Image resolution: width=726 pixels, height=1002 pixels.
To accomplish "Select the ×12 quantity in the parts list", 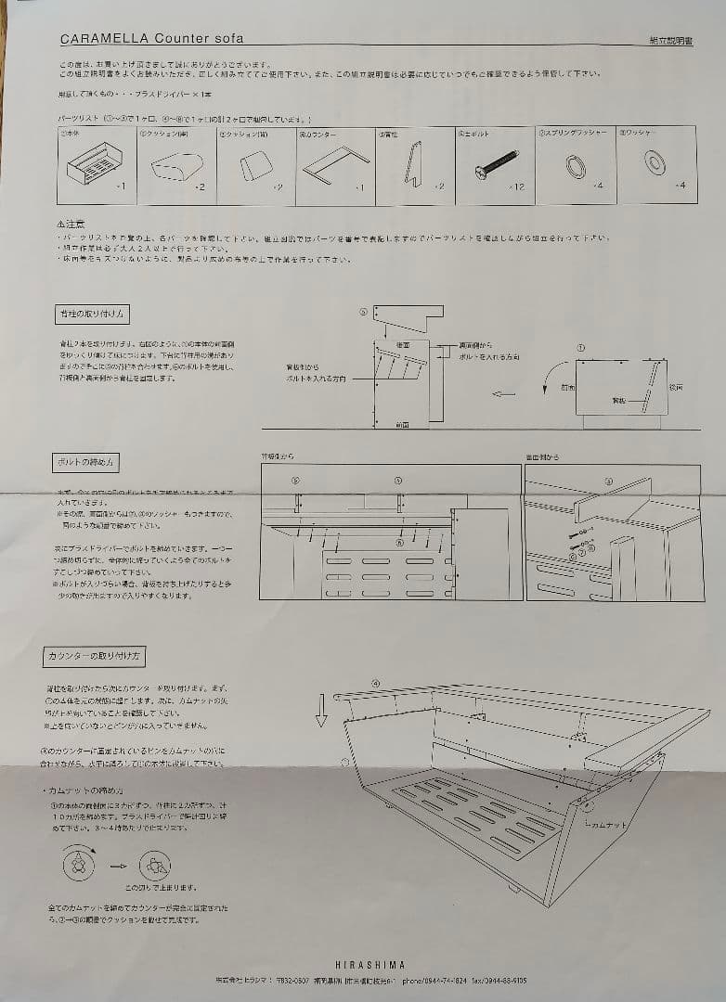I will click(517, 186).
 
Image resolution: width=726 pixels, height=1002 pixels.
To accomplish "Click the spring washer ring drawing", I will click(575, 166).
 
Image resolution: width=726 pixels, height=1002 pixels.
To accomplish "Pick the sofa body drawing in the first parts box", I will click(95, 166).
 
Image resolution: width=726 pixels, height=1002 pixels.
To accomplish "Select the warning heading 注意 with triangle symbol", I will click(71, 224).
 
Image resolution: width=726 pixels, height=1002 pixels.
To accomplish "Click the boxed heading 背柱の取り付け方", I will click(92, 314).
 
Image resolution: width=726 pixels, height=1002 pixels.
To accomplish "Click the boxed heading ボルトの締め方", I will click(85, 463).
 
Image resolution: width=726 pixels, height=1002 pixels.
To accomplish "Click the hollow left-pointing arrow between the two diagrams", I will click(504, 394).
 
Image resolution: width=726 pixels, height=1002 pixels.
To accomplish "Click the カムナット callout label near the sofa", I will click(608, 821).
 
